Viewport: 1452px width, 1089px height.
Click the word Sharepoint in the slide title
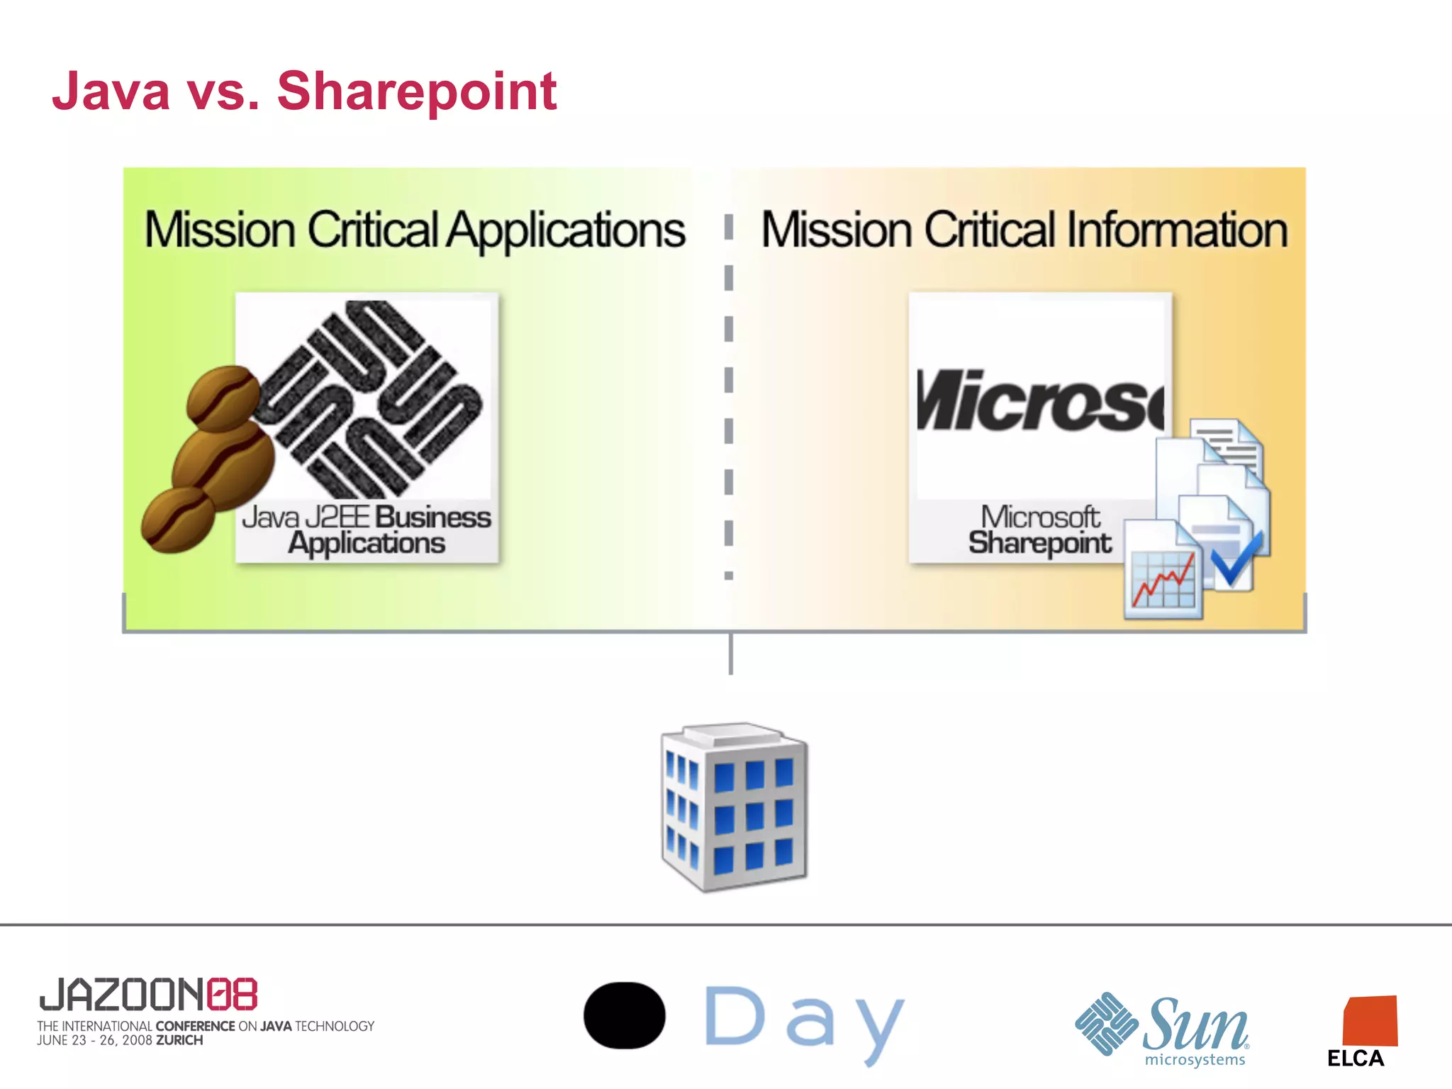416,92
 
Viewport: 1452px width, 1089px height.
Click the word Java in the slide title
111,92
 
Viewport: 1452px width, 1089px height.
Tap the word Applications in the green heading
565,230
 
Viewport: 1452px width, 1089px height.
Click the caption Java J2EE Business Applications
367,530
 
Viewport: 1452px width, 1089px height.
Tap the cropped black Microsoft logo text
1039,401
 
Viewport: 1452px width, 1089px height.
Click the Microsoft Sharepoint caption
1040,530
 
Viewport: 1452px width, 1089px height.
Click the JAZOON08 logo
148,994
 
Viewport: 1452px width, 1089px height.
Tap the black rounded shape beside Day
624,1015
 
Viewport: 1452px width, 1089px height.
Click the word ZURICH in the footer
179,1041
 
